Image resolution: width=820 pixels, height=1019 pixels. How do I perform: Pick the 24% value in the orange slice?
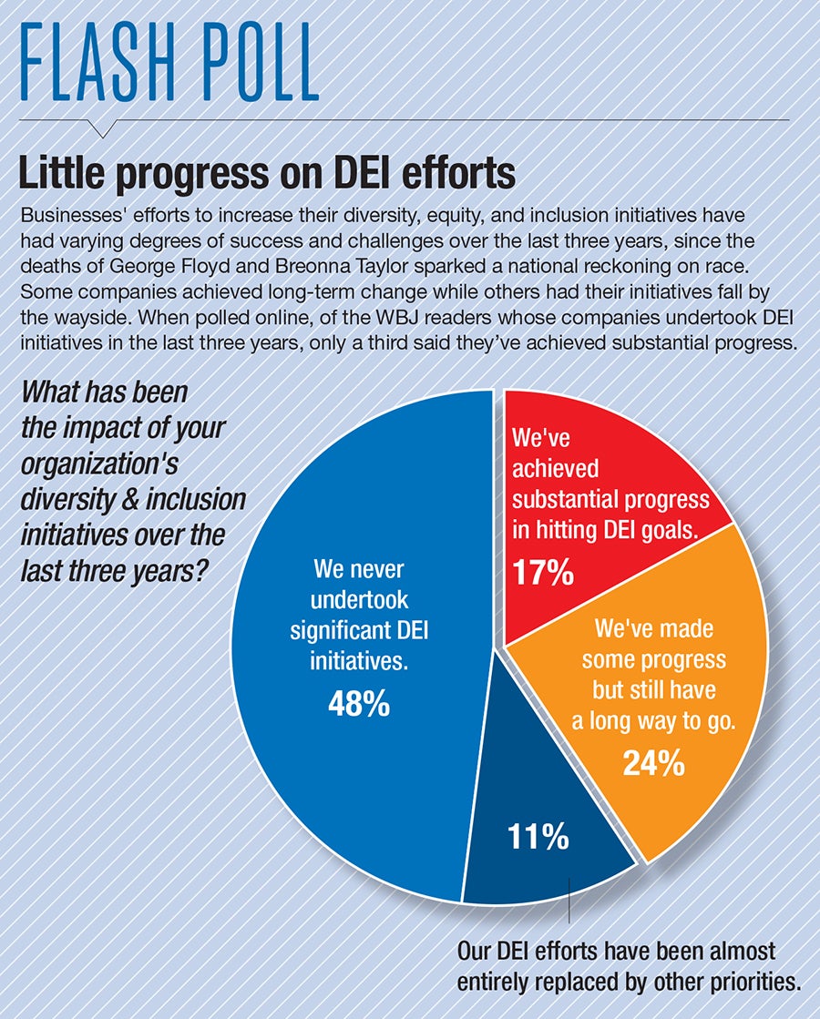pyautogui.click(x=653, y=763)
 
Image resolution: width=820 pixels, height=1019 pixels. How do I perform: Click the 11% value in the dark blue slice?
pyautogui.click(x=539, y=835)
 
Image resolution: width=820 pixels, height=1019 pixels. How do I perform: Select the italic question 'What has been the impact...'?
pyautogui.click(x=133, y=473)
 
